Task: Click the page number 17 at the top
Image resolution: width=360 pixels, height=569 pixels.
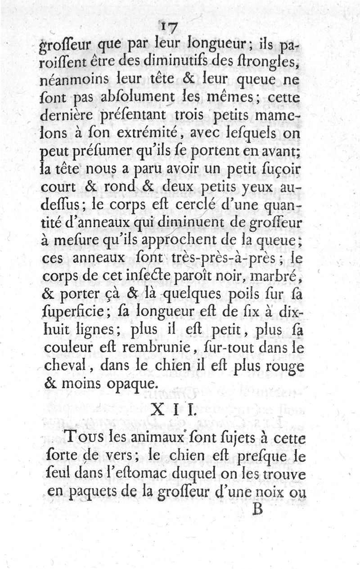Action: (169, 28)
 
